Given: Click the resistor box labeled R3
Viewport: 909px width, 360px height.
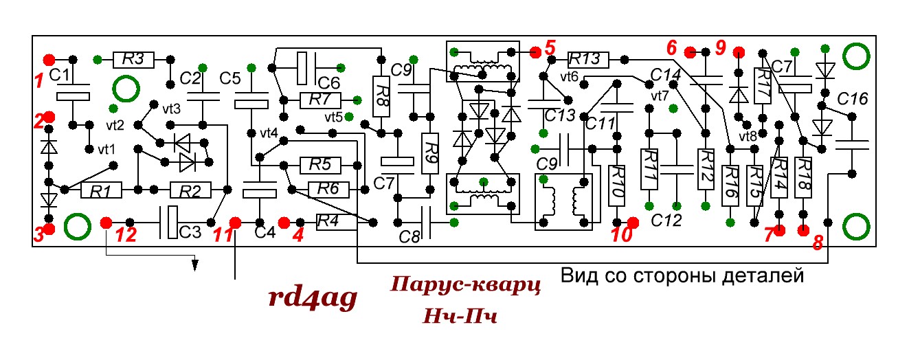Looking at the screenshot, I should tap(133, 60).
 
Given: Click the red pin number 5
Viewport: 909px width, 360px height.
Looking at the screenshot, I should tap(548, 49).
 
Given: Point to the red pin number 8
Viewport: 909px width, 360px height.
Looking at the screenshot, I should tap(818, 242).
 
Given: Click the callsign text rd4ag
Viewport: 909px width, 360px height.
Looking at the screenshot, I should tap(313, 297).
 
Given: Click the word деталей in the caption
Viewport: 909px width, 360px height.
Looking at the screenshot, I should tap(762, 276).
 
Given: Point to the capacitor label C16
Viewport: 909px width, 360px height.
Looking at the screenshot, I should tap(854, 100).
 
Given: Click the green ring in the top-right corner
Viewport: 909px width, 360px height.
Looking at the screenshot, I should tap(857, 56).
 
